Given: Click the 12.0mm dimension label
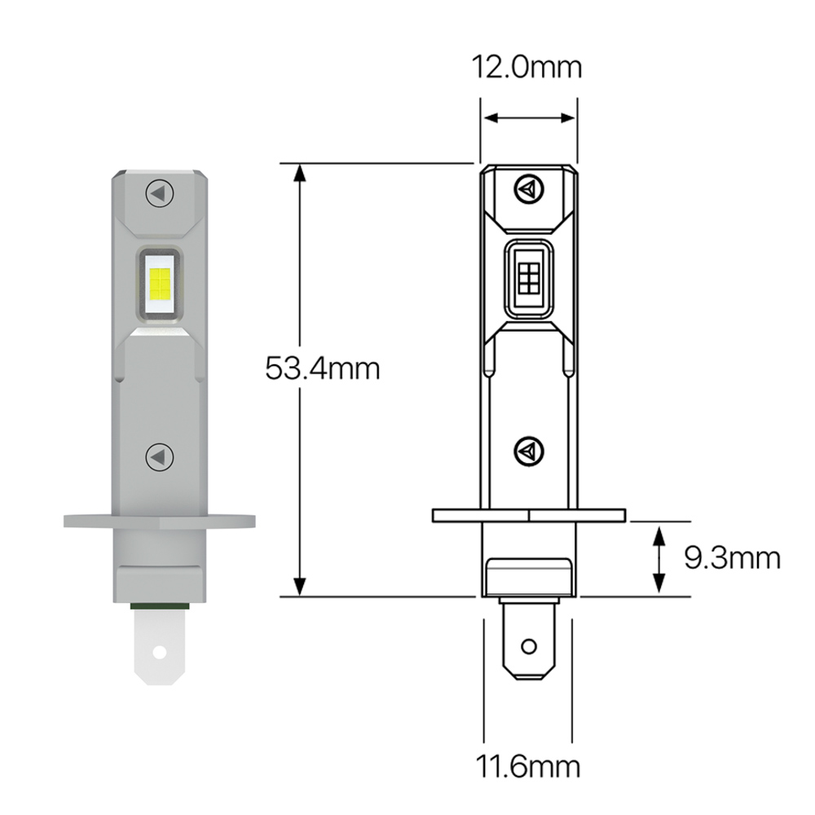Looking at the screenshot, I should coord(528,67).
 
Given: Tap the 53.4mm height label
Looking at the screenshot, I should coord(323,368).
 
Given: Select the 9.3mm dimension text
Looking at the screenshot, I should coord(732,558).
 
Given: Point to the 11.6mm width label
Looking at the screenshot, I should coord(528,767).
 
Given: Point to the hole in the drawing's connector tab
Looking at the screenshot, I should coord(528,647).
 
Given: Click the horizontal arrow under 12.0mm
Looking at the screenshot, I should coord(528,119).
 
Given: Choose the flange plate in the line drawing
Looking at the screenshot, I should coord(528,515).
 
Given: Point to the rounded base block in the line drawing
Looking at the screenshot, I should coord(528,577).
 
